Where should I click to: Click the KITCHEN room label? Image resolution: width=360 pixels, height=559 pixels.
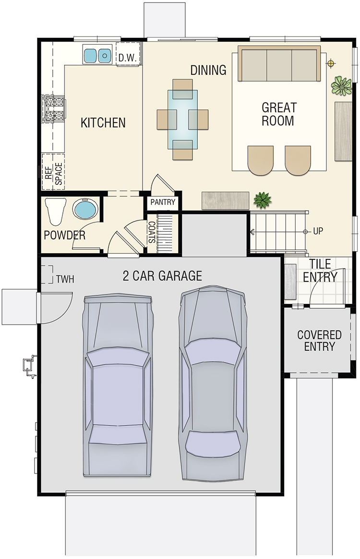pos(103,122)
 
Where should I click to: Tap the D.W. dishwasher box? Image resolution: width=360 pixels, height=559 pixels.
pos(128,54)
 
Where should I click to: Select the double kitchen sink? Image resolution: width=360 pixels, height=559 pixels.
pos(97,55)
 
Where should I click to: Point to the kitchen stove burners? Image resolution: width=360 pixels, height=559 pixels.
pos(54,109)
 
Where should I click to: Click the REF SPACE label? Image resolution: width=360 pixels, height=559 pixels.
pos(53,174)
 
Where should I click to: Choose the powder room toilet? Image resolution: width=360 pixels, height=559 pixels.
pos(56,211)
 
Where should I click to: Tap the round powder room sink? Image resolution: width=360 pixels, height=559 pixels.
pos(85,209)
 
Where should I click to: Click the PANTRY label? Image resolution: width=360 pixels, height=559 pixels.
pos(163,202)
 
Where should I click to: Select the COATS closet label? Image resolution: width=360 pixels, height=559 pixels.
pos(152,232)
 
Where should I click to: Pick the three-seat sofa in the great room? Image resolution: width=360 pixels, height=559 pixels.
pos(279,63)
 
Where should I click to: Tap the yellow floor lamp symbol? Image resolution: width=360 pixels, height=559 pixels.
pos(331,63)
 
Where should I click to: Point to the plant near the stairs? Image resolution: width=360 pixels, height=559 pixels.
pos(263,200)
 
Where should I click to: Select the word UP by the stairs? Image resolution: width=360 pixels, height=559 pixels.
pos(318,231)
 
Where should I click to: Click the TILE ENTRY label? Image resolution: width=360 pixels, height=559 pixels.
pos(320,270)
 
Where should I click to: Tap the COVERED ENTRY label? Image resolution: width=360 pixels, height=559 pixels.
pos(319,340)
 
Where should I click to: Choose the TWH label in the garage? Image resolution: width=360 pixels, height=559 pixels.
pos(65,279)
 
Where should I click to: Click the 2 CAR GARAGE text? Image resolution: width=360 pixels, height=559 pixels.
pos(163,276)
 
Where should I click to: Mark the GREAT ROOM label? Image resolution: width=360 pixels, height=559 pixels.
pos(279,114)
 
